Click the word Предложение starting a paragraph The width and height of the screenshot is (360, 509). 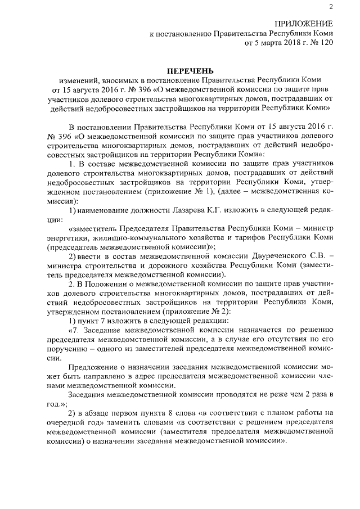93,367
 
